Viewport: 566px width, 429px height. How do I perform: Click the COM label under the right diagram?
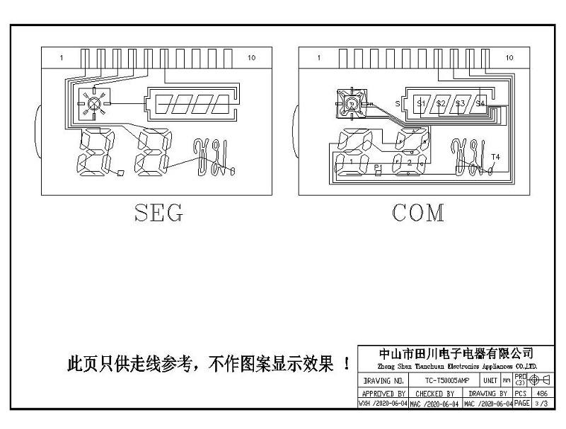click(419, 212)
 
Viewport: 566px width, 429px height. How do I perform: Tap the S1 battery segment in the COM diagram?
click(421, 104)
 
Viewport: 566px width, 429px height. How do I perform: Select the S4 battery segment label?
click(480, 104)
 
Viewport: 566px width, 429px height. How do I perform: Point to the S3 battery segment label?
click(461, 104)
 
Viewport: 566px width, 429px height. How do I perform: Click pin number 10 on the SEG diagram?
click(252, 57)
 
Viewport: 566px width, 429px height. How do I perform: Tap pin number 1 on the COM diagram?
click(319, 57)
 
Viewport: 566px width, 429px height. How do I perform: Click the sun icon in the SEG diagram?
click(93, 103)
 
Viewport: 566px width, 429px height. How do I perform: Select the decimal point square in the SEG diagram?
click(121, 172)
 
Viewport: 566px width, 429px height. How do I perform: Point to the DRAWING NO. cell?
click(383, 380)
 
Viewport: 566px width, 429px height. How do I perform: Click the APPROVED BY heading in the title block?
click(383, 393)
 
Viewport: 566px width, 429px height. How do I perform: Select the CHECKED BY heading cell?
click(434, 393)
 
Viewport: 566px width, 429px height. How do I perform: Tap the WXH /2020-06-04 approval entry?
click(383, 404)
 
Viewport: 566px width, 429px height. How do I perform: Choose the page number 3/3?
click(543, 404)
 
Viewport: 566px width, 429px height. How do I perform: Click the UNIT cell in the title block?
click(490, 380)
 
